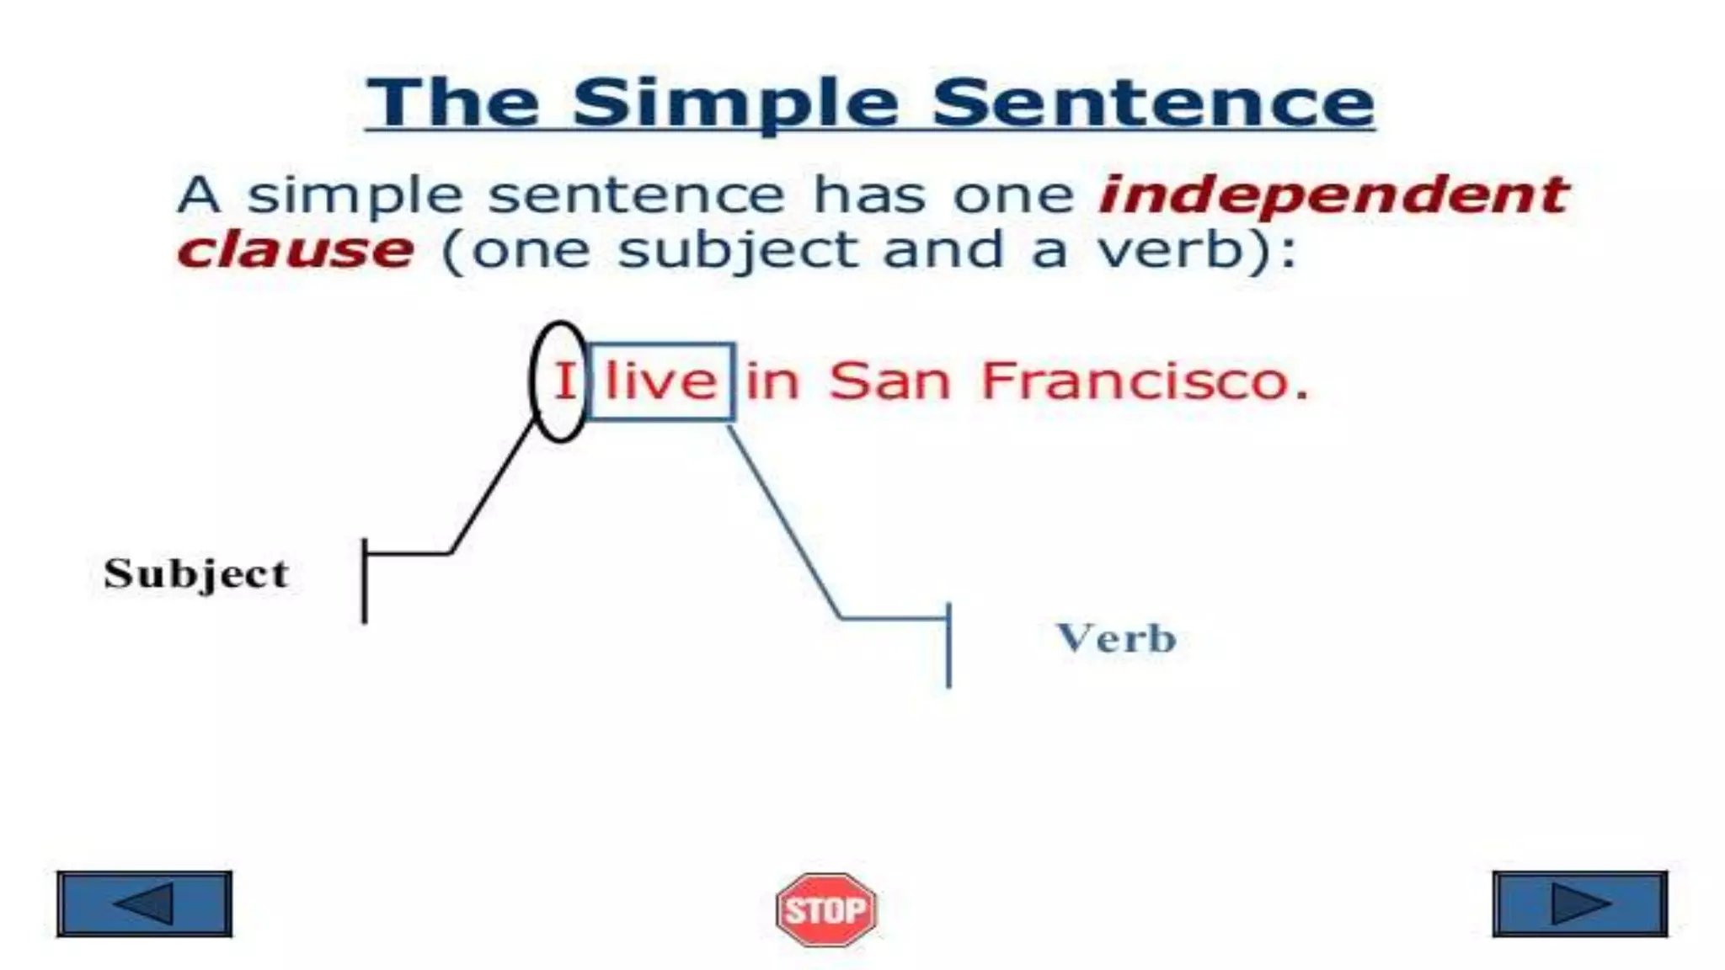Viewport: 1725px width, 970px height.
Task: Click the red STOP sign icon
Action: [x=825, y=909]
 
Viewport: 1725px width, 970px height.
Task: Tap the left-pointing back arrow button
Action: [x=144, y=904]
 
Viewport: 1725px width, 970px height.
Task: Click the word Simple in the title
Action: [x=735, y=103]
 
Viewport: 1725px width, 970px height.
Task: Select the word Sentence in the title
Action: [x=1153, y=103]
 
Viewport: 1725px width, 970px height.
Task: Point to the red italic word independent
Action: [x=1333, y=195]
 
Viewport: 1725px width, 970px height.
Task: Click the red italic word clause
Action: [x=296, y=250]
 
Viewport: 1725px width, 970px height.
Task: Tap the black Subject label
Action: [x=196, y=574]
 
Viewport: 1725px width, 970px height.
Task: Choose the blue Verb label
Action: [x=1116, y=638]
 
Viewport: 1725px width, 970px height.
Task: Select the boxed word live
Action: [x=661, y=381]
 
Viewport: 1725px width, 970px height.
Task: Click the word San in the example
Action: [x=889, y=381]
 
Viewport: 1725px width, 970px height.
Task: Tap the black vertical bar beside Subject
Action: [x=365, y=581]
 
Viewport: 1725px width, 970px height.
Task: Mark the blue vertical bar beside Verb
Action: [x=949, y=645]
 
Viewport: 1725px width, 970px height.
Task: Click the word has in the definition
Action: [x=870, y=195]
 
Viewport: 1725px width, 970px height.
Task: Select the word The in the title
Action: [x=453, y=103]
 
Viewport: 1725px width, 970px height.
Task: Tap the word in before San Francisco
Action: [x=772, y=381]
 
